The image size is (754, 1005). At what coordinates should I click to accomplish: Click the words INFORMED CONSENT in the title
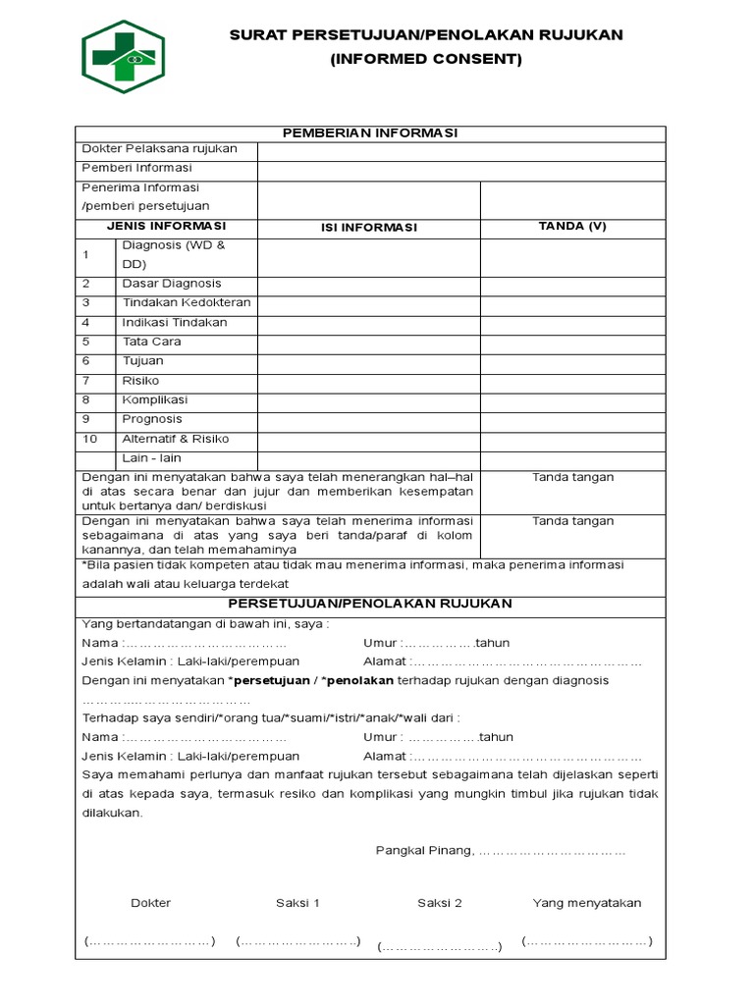[426, 59]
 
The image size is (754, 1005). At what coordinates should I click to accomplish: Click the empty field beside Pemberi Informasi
[461, 169]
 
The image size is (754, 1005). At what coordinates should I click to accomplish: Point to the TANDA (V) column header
[572, 226]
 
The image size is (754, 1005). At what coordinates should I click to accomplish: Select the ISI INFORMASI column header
[368, 228]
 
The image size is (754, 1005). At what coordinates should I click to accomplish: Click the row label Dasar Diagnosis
[172, 284]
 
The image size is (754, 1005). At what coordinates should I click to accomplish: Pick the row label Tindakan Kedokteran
[186, 303]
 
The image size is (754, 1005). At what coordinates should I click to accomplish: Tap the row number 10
[90, 439]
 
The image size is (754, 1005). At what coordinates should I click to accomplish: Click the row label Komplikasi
[154, 400]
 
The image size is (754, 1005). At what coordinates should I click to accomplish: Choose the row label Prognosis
[152, 419]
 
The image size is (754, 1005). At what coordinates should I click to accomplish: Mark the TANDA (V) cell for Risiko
[572, 381]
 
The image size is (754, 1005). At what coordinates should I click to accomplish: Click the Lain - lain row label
[151, 458]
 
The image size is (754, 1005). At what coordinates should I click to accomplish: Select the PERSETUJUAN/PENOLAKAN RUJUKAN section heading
[370, 604]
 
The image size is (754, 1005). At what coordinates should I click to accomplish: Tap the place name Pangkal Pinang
[424, 851]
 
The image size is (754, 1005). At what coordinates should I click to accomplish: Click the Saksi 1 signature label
[297, 903]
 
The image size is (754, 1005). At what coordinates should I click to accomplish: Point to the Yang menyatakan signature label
[586, 903]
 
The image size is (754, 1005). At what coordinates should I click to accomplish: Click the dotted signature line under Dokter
[149, 942]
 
